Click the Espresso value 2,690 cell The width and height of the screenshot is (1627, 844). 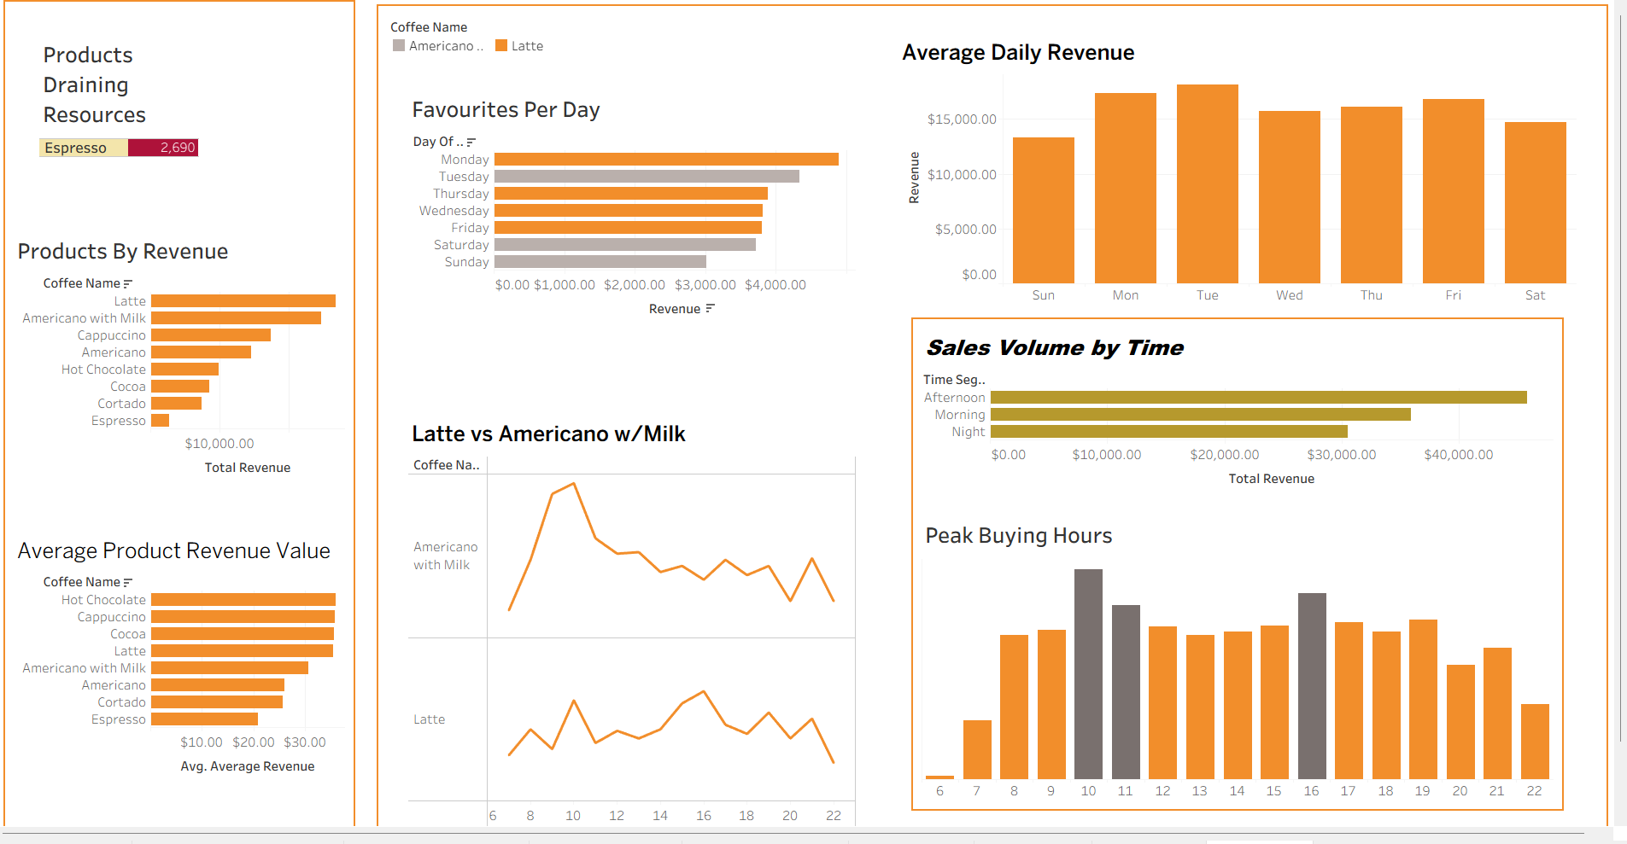point(163,148)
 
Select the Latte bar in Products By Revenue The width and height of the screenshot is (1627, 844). point(243,301)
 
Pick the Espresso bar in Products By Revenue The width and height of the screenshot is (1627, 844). point(160,421)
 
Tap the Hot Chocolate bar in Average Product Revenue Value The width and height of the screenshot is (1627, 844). point(243,600)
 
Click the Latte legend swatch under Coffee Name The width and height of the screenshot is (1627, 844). point(501,46)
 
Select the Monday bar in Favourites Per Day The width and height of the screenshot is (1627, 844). point(666,160)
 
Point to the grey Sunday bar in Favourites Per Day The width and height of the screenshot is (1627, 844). point(600,262)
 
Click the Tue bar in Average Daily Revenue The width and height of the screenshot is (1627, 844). point(1207,183)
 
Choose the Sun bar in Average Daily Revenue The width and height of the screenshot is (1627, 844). point(1043,210)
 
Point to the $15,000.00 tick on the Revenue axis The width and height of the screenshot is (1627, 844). point(962,119)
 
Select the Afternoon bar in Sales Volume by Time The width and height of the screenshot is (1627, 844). point(1258,398)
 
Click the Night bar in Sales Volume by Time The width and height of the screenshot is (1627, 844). point(1168,432)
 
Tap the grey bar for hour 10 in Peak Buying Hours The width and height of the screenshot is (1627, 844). point(1088,673)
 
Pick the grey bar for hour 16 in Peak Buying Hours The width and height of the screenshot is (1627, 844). point(1311,685)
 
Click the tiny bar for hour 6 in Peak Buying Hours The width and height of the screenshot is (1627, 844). point(939,777)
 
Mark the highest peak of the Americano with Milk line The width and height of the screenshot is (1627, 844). point(574,484)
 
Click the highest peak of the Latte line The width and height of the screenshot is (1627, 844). point(703,691)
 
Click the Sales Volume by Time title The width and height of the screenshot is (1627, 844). point(1055,348)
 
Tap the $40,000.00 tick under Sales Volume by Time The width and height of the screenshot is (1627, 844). point(1458,455)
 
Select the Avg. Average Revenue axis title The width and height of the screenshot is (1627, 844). point(247,766)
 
